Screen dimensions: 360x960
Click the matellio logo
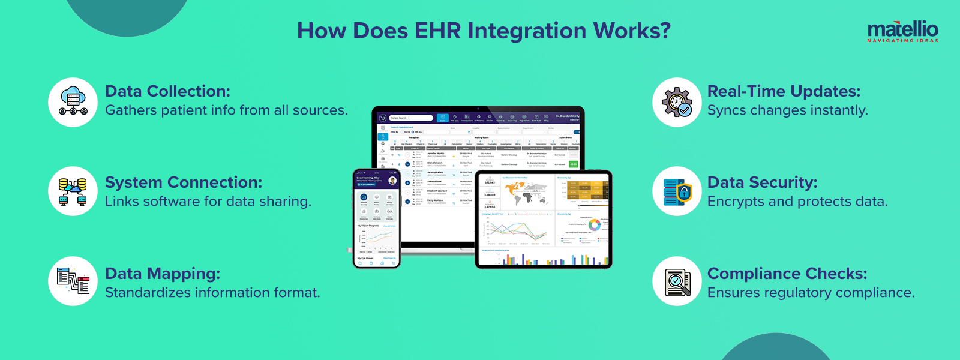coord(902,31)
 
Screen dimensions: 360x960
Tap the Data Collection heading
coord(167,91)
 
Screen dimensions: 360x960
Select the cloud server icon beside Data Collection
coord(73,102)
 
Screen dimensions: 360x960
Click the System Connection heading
coord(184,182)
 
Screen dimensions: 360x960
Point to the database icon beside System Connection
coord(73,191)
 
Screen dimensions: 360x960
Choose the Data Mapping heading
coord(163,274)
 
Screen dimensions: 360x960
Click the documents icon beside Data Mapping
coord(73,281)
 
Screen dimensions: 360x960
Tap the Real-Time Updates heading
coord(784,91)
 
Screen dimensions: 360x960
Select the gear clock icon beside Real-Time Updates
coord(677,102)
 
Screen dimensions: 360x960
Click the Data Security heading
coord(762,182)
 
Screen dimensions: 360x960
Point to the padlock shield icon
coord(683,193)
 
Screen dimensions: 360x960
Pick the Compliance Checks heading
coord(787,274)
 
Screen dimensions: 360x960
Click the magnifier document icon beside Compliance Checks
coord(677,281)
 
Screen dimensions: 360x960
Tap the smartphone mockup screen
coord(376,219)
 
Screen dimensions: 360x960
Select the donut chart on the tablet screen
coord(594,225)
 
